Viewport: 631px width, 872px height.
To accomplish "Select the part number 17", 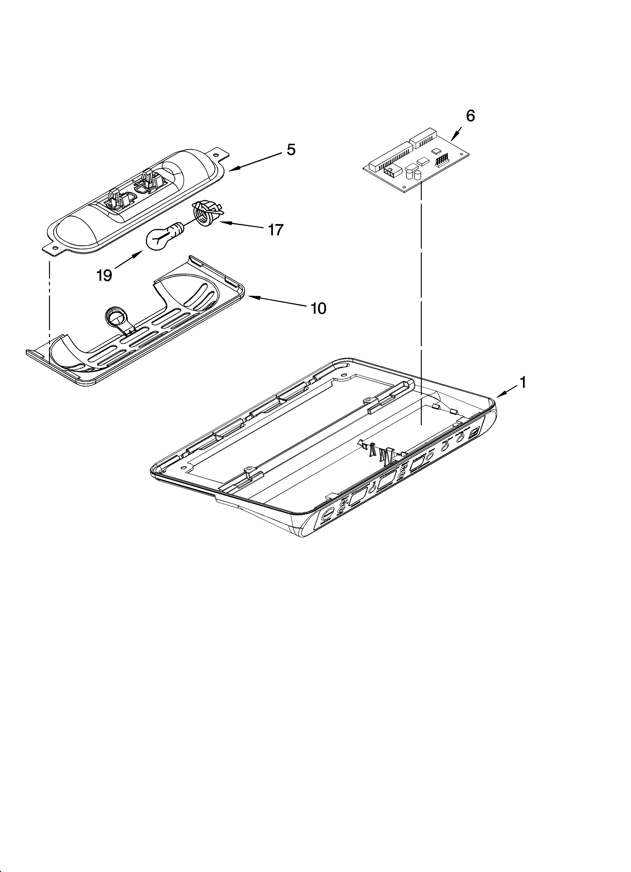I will coord(276,230).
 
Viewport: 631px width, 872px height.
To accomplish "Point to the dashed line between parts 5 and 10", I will coord(50,300).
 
